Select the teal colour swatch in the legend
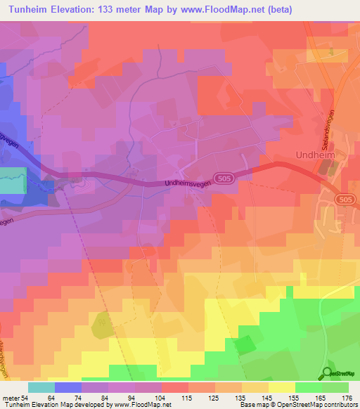41,387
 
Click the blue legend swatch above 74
68,387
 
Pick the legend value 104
160,397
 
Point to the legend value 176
347,397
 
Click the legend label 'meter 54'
15,397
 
